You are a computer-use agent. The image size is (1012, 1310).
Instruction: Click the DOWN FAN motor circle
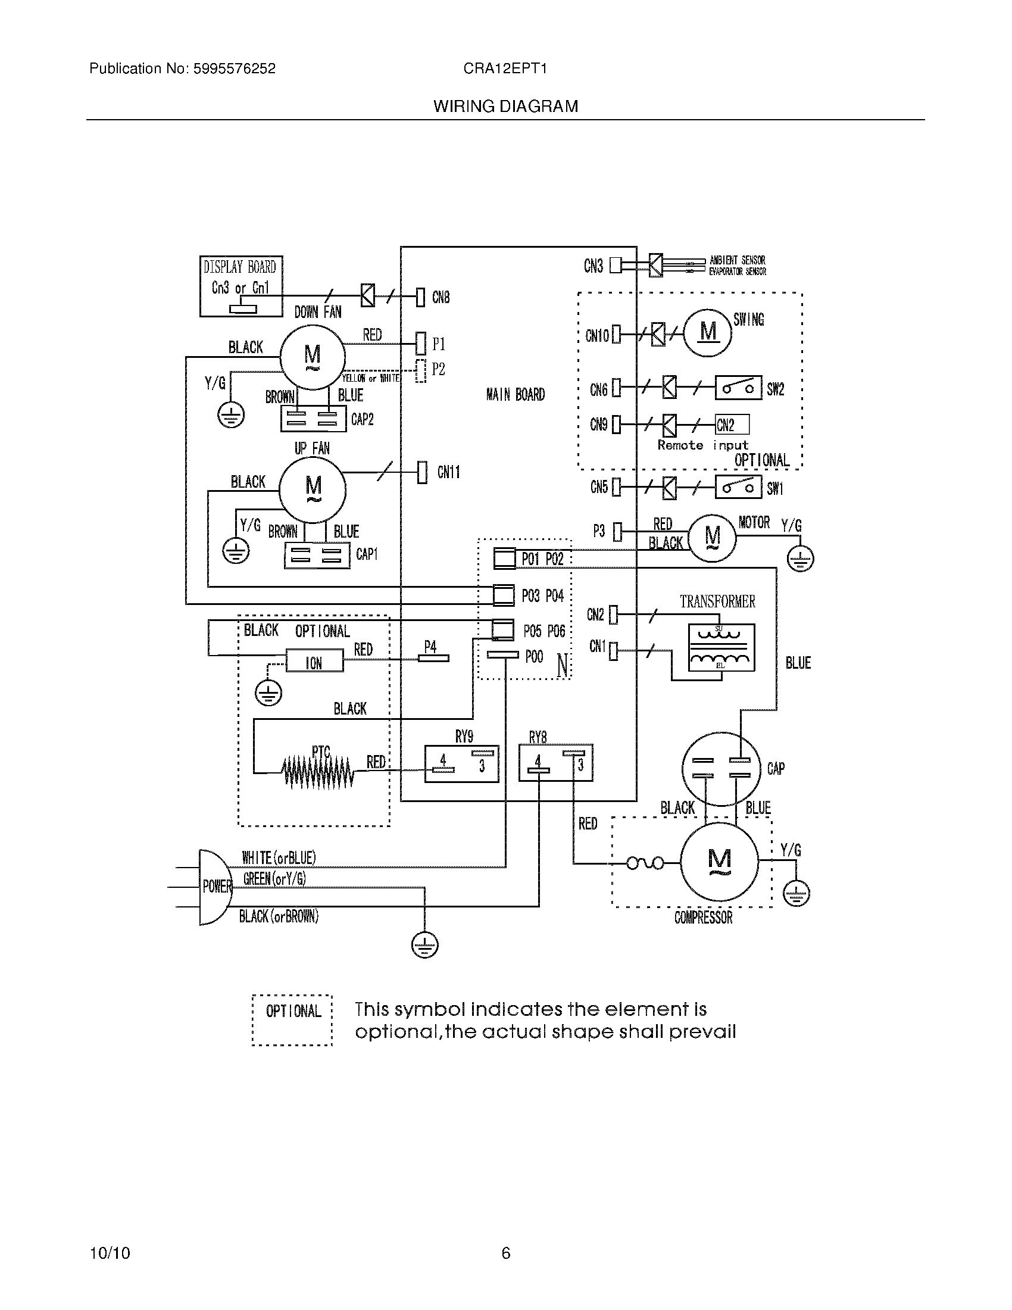(313, 357)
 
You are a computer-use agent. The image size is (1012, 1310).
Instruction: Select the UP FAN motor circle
(313, 490)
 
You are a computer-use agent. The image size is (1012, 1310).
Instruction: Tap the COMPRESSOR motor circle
(719, 863)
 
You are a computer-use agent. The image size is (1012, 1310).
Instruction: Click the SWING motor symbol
(708, 332)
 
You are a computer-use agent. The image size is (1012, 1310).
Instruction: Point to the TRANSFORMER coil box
(721, 648)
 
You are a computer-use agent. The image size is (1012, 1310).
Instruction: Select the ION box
(314, 662)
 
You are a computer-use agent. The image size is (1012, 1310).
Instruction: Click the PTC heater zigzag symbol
(318, 770)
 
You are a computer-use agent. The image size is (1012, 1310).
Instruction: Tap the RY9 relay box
(461, 763)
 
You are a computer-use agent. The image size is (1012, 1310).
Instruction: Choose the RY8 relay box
(556, 763)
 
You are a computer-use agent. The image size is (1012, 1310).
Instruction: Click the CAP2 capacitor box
(313, 419)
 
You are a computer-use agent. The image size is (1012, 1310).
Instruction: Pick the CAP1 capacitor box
(317, 555)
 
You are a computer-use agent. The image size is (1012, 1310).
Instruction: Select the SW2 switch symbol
(738, 388)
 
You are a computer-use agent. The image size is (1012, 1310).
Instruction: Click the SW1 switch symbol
(738, 487)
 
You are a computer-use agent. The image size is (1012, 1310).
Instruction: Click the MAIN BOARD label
(516, 395)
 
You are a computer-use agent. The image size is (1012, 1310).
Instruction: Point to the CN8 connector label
(441, 298)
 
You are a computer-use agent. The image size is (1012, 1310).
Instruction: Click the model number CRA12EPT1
(505, 68)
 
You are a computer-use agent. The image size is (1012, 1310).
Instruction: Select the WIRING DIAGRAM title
(505, 107)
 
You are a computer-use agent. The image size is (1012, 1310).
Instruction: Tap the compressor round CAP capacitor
(721, 768)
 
